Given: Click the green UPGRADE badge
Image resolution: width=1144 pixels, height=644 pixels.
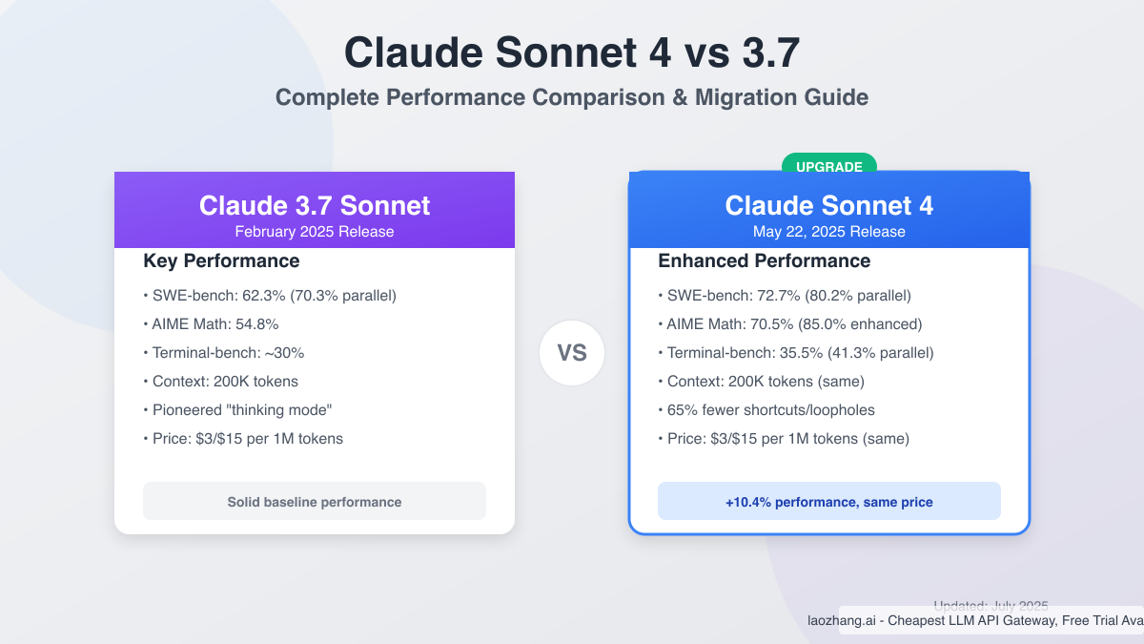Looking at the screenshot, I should [x=828, y=167].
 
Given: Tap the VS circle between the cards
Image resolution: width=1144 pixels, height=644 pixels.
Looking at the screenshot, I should [x=572, y=353].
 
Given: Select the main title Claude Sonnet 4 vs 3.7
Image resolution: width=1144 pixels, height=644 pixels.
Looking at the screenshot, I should [x=572, y=52].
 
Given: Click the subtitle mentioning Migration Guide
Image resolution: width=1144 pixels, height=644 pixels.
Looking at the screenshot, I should [x=572, y=97].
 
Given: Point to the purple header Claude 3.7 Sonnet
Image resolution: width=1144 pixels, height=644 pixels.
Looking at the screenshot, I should [x=315, y=205].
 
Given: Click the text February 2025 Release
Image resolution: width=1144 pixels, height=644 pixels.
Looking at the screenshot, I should [x=315, y=232].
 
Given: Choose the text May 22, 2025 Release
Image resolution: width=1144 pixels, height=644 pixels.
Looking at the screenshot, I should [x=828, y=232].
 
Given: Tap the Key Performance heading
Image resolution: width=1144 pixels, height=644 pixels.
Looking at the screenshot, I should [x=221, y=260].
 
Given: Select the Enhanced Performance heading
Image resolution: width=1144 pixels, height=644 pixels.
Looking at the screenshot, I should [x=764, y=260].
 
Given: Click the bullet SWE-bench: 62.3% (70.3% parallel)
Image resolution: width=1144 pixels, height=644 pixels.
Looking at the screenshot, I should [x=269, y=296].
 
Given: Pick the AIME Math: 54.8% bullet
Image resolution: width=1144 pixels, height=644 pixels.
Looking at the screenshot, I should [x=211, y=324].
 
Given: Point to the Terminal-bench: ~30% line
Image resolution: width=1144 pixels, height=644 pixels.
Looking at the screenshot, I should [x=223, y=353].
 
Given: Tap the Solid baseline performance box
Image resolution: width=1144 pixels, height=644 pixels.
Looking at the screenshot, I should [x=315, y=502].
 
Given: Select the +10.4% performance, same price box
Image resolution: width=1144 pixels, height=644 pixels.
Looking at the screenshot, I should [x=828, y=502].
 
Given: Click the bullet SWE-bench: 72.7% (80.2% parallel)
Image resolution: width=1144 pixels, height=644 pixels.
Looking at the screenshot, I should [x=785, y=296].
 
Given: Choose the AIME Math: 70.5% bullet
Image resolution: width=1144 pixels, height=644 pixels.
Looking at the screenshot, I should [x=790, y=324].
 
